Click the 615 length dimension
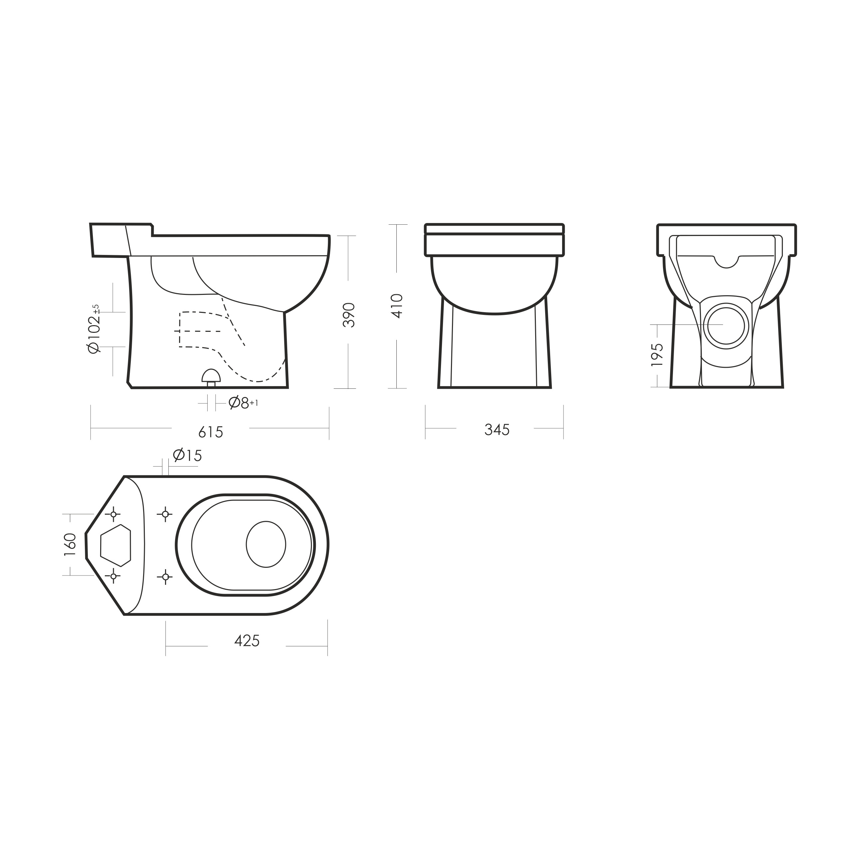pyautogui.click(x=210, y=432)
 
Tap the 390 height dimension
pyautogui.click(x=349, y=315)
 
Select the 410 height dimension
pyautogui.click(x=397, y=306)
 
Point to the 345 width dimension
pyautogui.click(x=497, y=430)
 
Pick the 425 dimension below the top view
pyautogui.click(x=247, y=641)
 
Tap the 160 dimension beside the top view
pyautogui.click(x=70, y=544)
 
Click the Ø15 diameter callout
pyautogui.click(x=187, y=455)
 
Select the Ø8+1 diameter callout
pyautogui.click(x=243, y=403)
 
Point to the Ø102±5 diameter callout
pyautogui.click(x=95, y=329)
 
